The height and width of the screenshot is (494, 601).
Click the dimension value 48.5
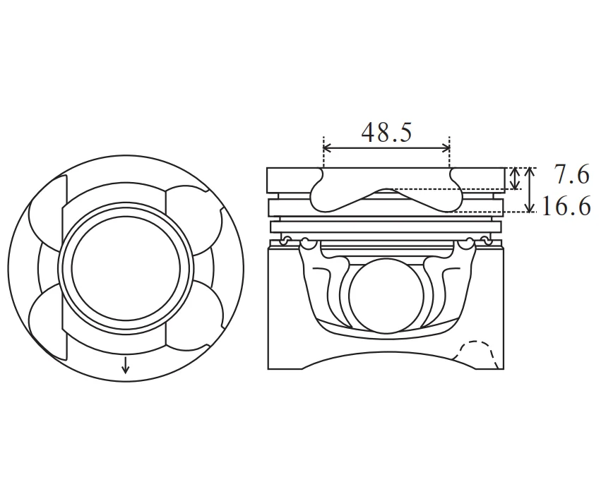[x=386, y=132]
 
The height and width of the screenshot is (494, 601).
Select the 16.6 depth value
[x=566, y=207]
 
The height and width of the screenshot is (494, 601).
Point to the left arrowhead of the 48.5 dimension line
[x=327, y=147]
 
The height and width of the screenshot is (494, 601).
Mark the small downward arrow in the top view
[x=125, y=365]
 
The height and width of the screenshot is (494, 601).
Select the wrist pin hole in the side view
[x=386, y=295]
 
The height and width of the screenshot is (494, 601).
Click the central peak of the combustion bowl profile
[x=386, y=190]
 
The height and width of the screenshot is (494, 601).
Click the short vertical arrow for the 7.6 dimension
[x=515, y=179]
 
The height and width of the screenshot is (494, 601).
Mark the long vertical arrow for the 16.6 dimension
[x=530, y=190]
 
